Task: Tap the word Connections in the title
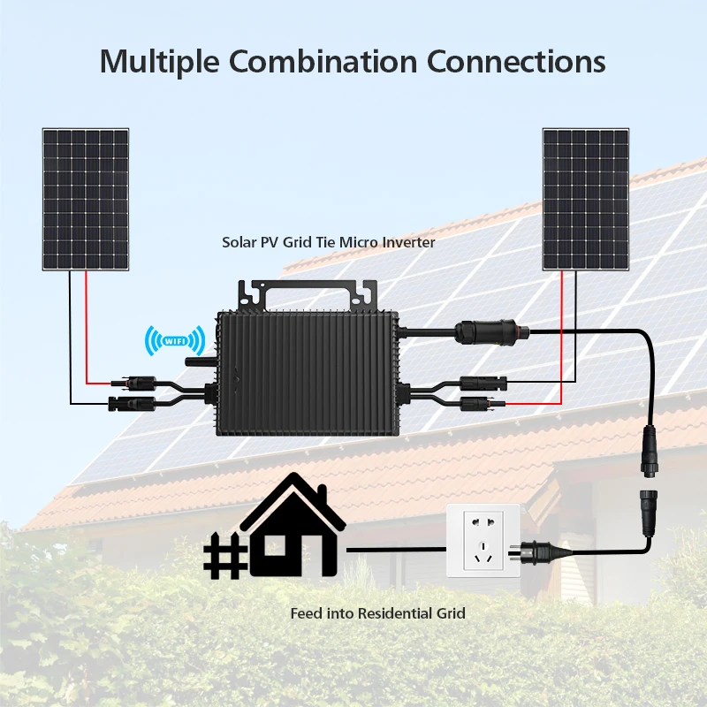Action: click(517, 61)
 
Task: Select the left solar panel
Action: click(86, 199)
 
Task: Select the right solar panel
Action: click(586, 199)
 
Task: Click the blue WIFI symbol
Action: click(175, 338)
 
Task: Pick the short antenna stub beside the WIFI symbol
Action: click(197, 361)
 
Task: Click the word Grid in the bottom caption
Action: click(451, 612)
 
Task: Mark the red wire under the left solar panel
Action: click(87, 327)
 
